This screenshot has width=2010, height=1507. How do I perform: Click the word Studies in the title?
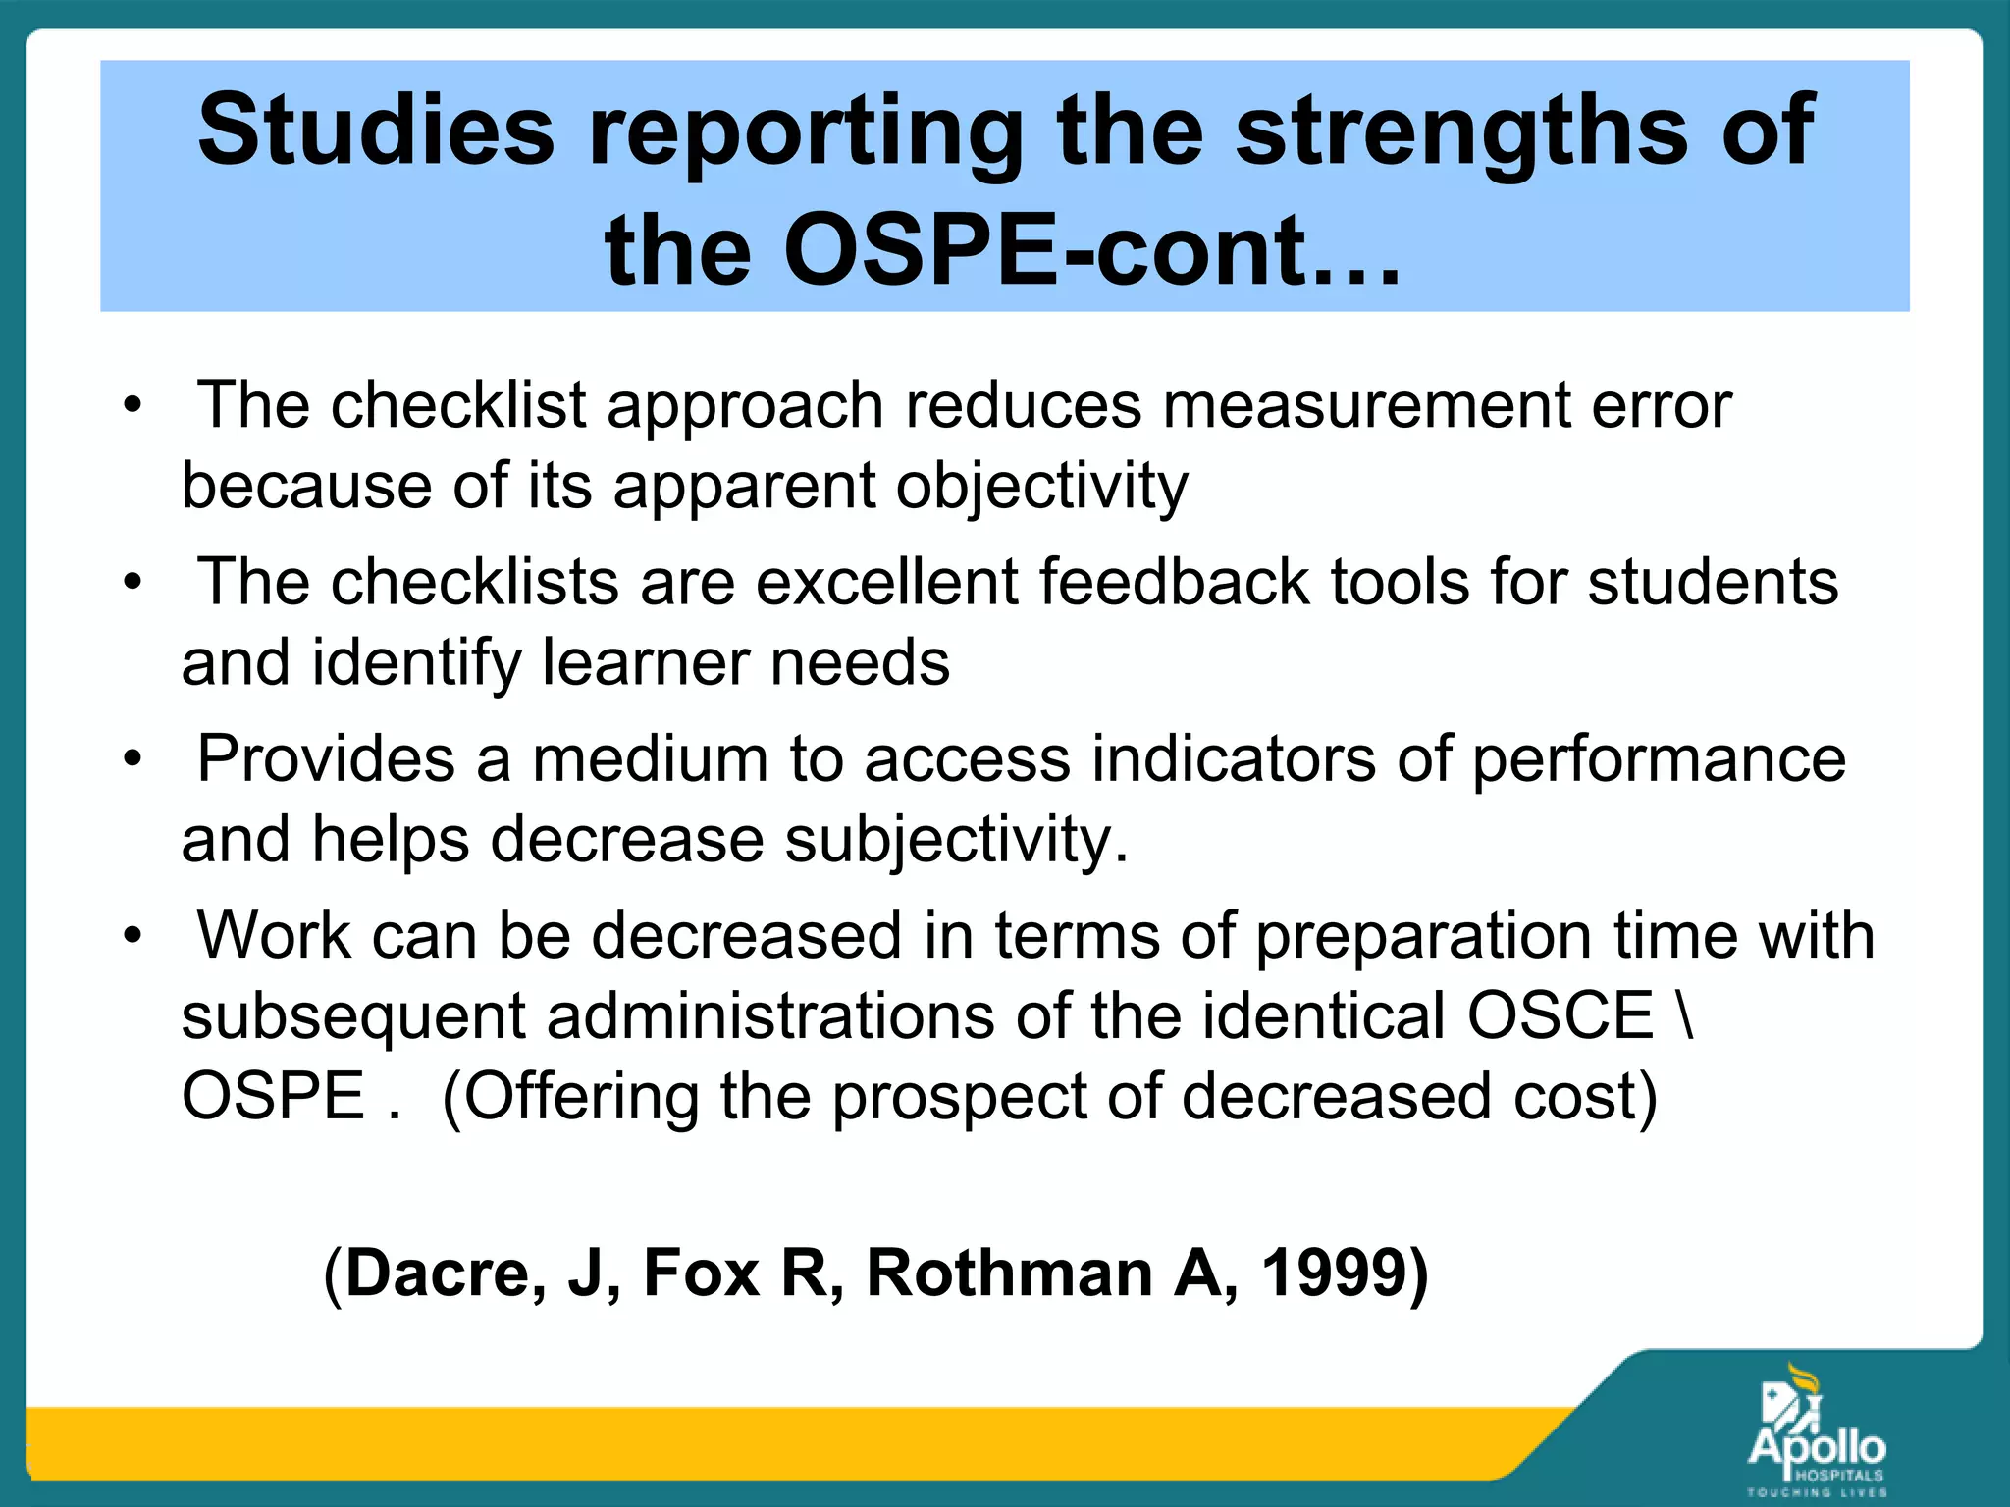pyautogui.click(x=376, y=130)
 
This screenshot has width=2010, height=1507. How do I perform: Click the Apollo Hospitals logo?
pyautogui.click(x=1817, y=1432)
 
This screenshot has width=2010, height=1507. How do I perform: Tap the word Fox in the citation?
pyautogui.click(x=701, y=1273)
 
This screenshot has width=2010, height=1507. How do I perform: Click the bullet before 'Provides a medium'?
pyautogui.click(x=133, y=759)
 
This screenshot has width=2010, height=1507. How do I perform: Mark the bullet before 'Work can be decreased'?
pyautogui.click(x=133, y=936)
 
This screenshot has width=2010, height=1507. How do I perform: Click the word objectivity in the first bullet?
pyautogui.click(x=1041, y=487)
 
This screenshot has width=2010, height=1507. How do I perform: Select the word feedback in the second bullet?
pyautogui.click(x=1174, y=582)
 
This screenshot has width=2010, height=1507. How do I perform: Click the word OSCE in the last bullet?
pyautogui.click(x=1560, y=1015)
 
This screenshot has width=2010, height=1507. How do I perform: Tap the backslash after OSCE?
pyautogui.click(x=1685, y=1015)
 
